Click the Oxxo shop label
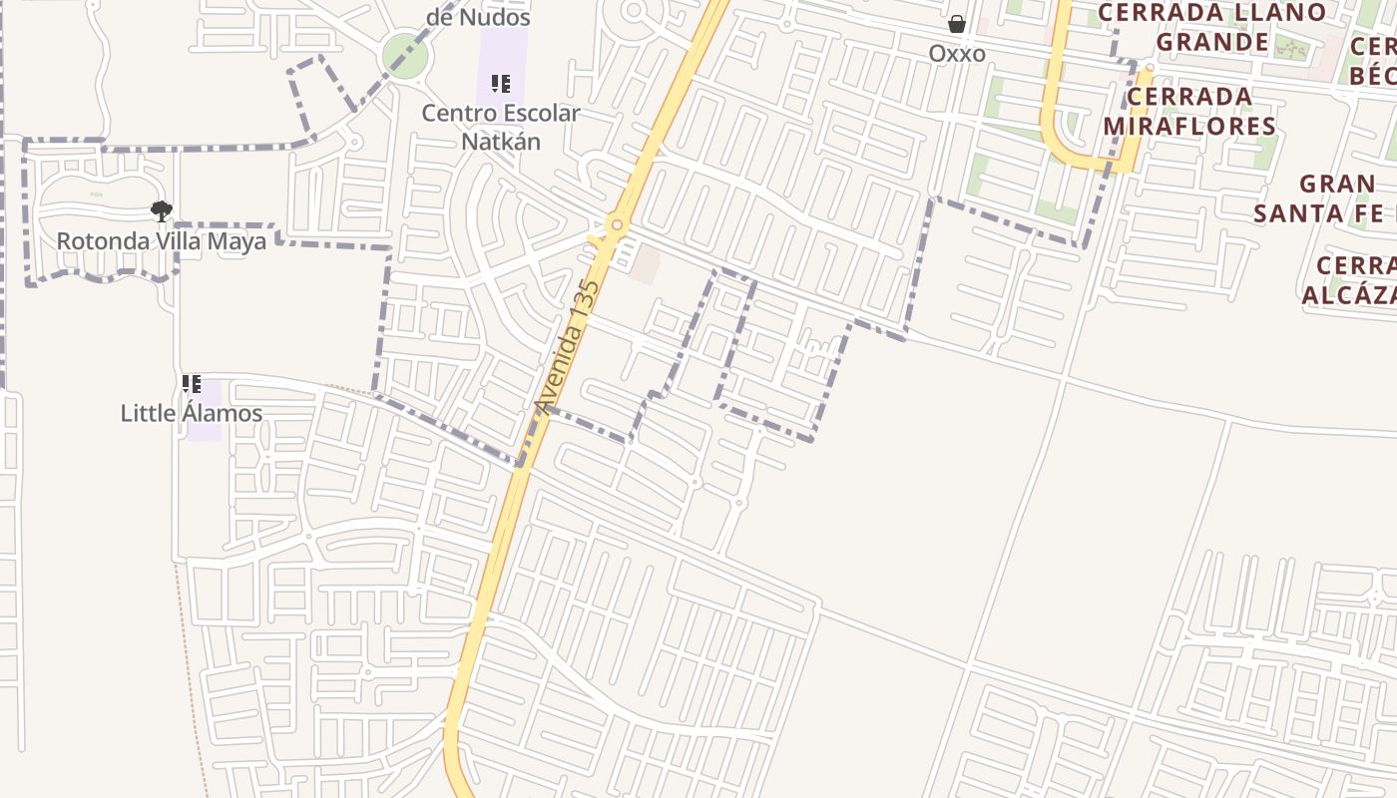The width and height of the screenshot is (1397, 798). (x=957, y=53)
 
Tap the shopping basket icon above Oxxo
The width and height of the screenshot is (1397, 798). (x=957, y=24)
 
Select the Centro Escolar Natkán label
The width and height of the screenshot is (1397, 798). (x=500, y=127)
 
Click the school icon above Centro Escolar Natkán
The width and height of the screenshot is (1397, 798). (x=500, y=84)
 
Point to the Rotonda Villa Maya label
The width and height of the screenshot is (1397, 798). (x=161, y=241)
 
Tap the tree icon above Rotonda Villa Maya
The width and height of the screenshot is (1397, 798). (x=161, y=210)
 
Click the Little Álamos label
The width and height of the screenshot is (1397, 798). (x=192, y=413)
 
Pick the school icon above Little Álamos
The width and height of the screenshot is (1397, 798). (x=192, y=383)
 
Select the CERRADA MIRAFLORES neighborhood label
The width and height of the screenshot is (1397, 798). (x=1188, y=111)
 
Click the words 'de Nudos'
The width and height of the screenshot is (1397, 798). (x=478, y=17)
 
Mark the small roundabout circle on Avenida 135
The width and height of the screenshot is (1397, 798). (x=617, y=225)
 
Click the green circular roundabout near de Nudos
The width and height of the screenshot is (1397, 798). (x=404, y=55)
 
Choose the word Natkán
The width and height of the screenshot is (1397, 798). (x=500, y=141)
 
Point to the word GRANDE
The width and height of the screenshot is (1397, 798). (x=1212, y=42)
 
